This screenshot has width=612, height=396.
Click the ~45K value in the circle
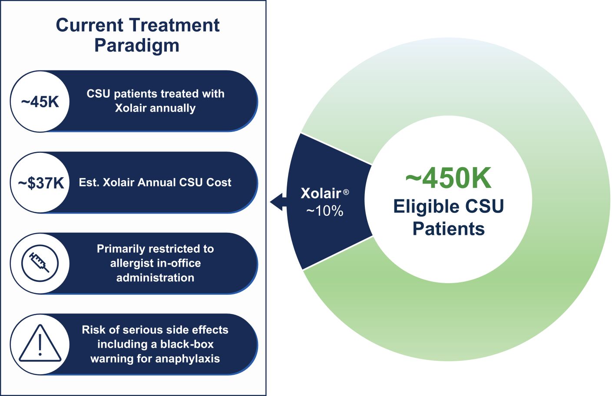coord(40,102)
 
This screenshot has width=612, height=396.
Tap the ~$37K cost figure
coord(41,183)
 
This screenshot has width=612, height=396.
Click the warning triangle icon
coord(40,343)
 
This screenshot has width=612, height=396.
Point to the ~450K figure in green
coord(449,178)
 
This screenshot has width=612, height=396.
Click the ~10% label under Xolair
coord(324,211)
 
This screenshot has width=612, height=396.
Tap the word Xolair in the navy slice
coord(321,193)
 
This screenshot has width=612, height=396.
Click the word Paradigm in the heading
coord(137,45)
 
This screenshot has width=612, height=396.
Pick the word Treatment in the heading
coord(175,25)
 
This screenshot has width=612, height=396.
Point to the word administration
coord(155,278)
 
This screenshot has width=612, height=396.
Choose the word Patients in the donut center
coord(449,228)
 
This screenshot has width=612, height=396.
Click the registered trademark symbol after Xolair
coord(346,192)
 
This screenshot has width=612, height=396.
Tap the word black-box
coord(187,344)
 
